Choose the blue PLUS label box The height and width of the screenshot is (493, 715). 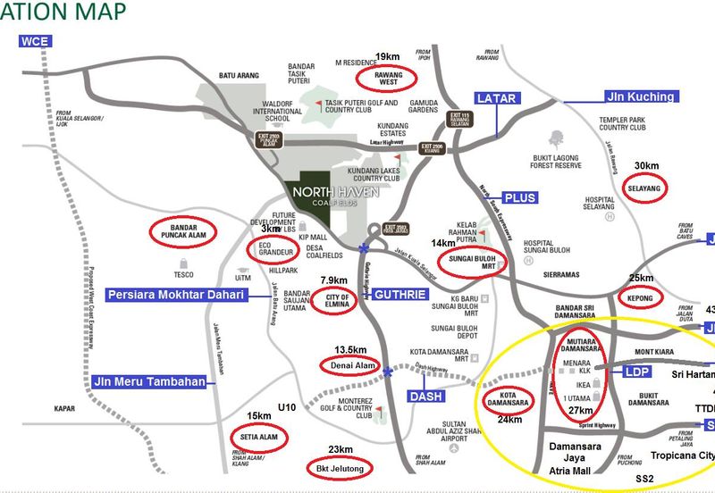coord(519,197)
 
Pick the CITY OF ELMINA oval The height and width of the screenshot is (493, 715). coord(334,299)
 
